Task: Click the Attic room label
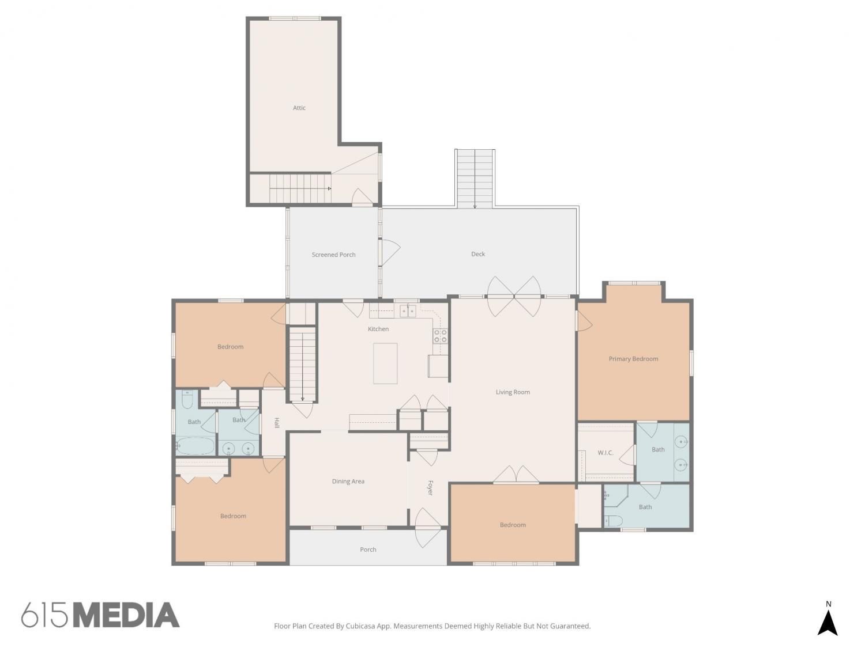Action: (x=299, y=107)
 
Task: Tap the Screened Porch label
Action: (x=333, y=255)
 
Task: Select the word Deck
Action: (x=477, y=254)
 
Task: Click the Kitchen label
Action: (x=378, y=328)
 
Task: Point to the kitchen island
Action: (x=385, y=363)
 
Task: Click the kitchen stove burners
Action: (x=440, y=336)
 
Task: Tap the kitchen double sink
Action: (x=408, y=311)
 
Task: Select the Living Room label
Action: (x=512, y=392)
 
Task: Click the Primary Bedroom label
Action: (x=633, y=358)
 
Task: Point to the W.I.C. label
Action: (x=605, y=453)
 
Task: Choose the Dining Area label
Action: (x=348, y=481)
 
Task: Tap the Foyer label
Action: (x=430, y=487)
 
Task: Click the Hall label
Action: (x=277, y=423)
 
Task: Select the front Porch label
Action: (x=368, y=550)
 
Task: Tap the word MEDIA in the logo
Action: (x=127, y=615)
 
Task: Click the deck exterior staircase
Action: (x=475, y=179)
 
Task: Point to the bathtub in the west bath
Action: (x=195, y=446)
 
